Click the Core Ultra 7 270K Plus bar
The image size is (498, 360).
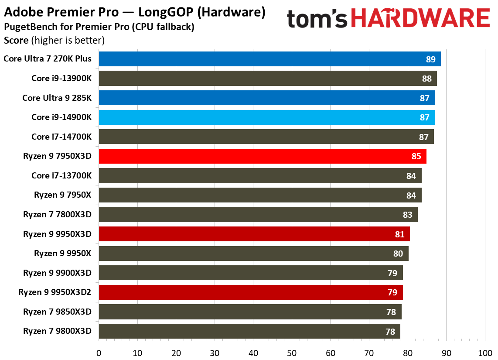coord(269,59)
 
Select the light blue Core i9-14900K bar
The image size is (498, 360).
coord(267,117)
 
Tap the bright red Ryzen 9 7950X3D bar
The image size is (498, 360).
coord(263,156)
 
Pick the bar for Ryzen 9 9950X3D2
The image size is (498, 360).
coord(251,292)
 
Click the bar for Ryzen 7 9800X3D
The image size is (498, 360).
coord(249,331)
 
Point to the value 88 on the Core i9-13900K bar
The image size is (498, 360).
coord(426,79)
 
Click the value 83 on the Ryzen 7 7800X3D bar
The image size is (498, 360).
coord(407,215)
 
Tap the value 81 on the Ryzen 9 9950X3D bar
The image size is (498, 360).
coord(399,234)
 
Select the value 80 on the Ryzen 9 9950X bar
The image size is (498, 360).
coord(398,254)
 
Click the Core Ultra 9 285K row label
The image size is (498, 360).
coord(57,98)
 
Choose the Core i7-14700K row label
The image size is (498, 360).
coord(61,137)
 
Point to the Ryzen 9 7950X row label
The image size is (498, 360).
coord(63,195)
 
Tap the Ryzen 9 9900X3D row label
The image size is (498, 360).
coord(58,273)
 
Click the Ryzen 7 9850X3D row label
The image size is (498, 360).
coord(58,312)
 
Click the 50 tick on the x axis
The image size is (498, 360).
coord(292,353)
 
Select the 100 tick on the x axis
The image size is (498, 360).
coord(485,353)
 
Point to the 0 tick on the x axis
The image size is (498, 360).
coord(99,353)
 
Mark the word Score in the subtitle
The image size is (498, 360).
coord(16,41)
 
